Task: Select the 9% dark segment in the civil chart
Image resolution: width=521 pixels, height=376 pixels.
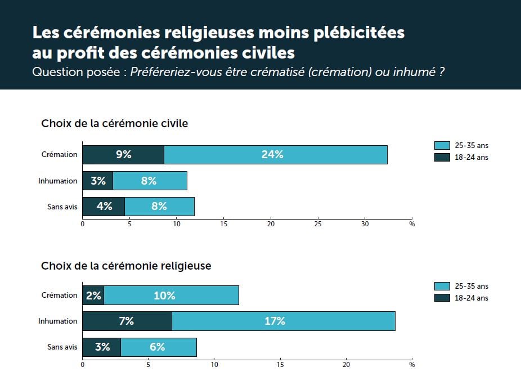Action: [123, 155]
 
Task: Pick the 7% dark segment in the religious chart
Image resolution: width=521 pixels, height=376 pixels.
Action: [127, 321]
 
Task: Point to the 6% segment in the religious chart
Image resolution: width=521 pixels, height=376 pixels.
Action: [158, 347]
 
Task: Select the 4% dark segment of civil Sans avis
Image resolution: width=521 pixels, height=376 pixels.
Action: [104, 207]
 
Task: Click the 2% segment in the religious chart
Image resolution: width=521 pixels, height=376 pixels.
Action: [93, 296]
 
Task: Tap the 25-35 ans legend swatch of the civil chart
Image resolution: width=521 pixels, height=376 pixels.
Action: [442, 146]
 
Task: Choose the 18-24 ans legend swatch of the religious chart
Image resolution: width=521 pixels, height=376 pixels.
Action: [442, 298]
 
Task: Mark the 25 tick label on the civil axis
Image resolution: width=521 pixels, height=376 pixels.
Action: [317, 223]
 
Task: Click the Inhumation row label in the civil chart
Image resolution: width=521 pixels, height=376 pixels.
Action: [58, 181]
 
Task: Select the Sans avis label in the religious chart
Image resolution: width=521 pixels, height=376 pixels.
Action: [62, 347]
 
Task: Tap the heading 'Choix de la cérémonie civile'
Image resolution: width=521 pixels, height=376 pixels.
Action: [115, 124]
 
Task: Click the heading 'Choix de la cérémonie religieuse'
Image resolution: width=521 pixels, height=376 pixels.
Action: [126, 266]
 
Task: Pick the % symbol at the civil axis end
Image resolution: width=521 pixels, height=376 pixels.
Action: [412, 223]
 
